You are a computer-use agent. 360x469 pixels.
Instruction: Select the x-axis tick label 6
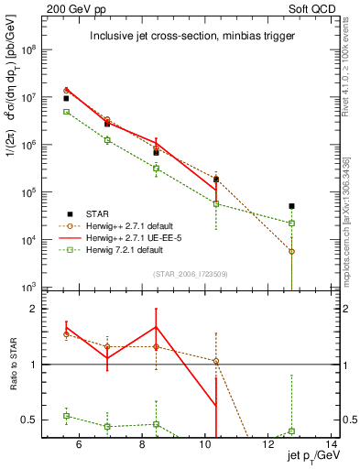[x=78, y=445]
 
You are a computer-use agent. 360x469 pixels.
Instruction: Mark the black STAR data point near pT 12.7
[x=291, y=206]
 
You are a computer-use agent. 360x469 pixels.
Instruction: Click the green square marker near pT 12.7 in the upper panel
[x=291, y=223]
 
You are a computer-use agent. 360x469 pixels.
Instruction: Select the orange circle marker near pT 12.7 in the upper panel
[x=291, y=251]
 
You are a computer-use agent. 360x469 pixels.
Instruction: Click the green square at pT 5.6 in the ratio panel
[x=66, y=416]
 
